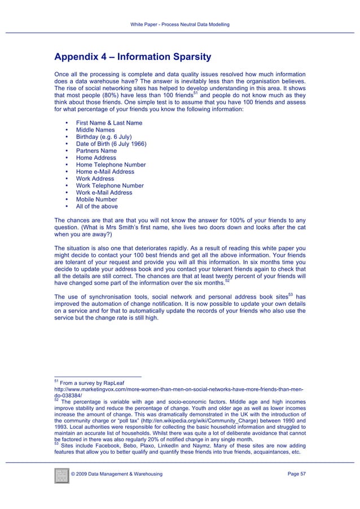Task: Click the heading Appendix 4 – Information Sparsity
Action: [x=132, y=57]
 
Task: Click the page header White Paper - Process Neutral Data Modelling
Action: [x=180, y=25]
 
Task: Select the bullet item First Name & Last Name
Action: [x=109, y=123]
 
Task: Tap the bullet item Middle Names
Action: [x=95, y=130]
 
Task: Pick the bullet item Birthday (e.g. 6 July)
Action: [x=104, y=137]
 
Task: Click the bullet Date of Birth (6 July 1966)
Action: [x=111, y=144]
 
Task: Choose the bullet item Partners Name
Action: [x=96, y=151]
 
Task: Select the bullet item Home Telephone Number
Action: [x=111, y=165]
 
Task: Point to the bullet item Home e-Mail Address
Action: [x=105, y=172]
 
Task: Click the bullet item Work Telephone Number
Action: [x=109, y=186]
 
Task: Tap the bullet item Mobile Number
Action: [x=96, y=199]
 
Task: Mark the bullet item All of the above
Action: [x=96, y=207]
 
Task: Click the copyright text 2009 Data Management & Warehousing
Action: [x=117, y=474]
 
